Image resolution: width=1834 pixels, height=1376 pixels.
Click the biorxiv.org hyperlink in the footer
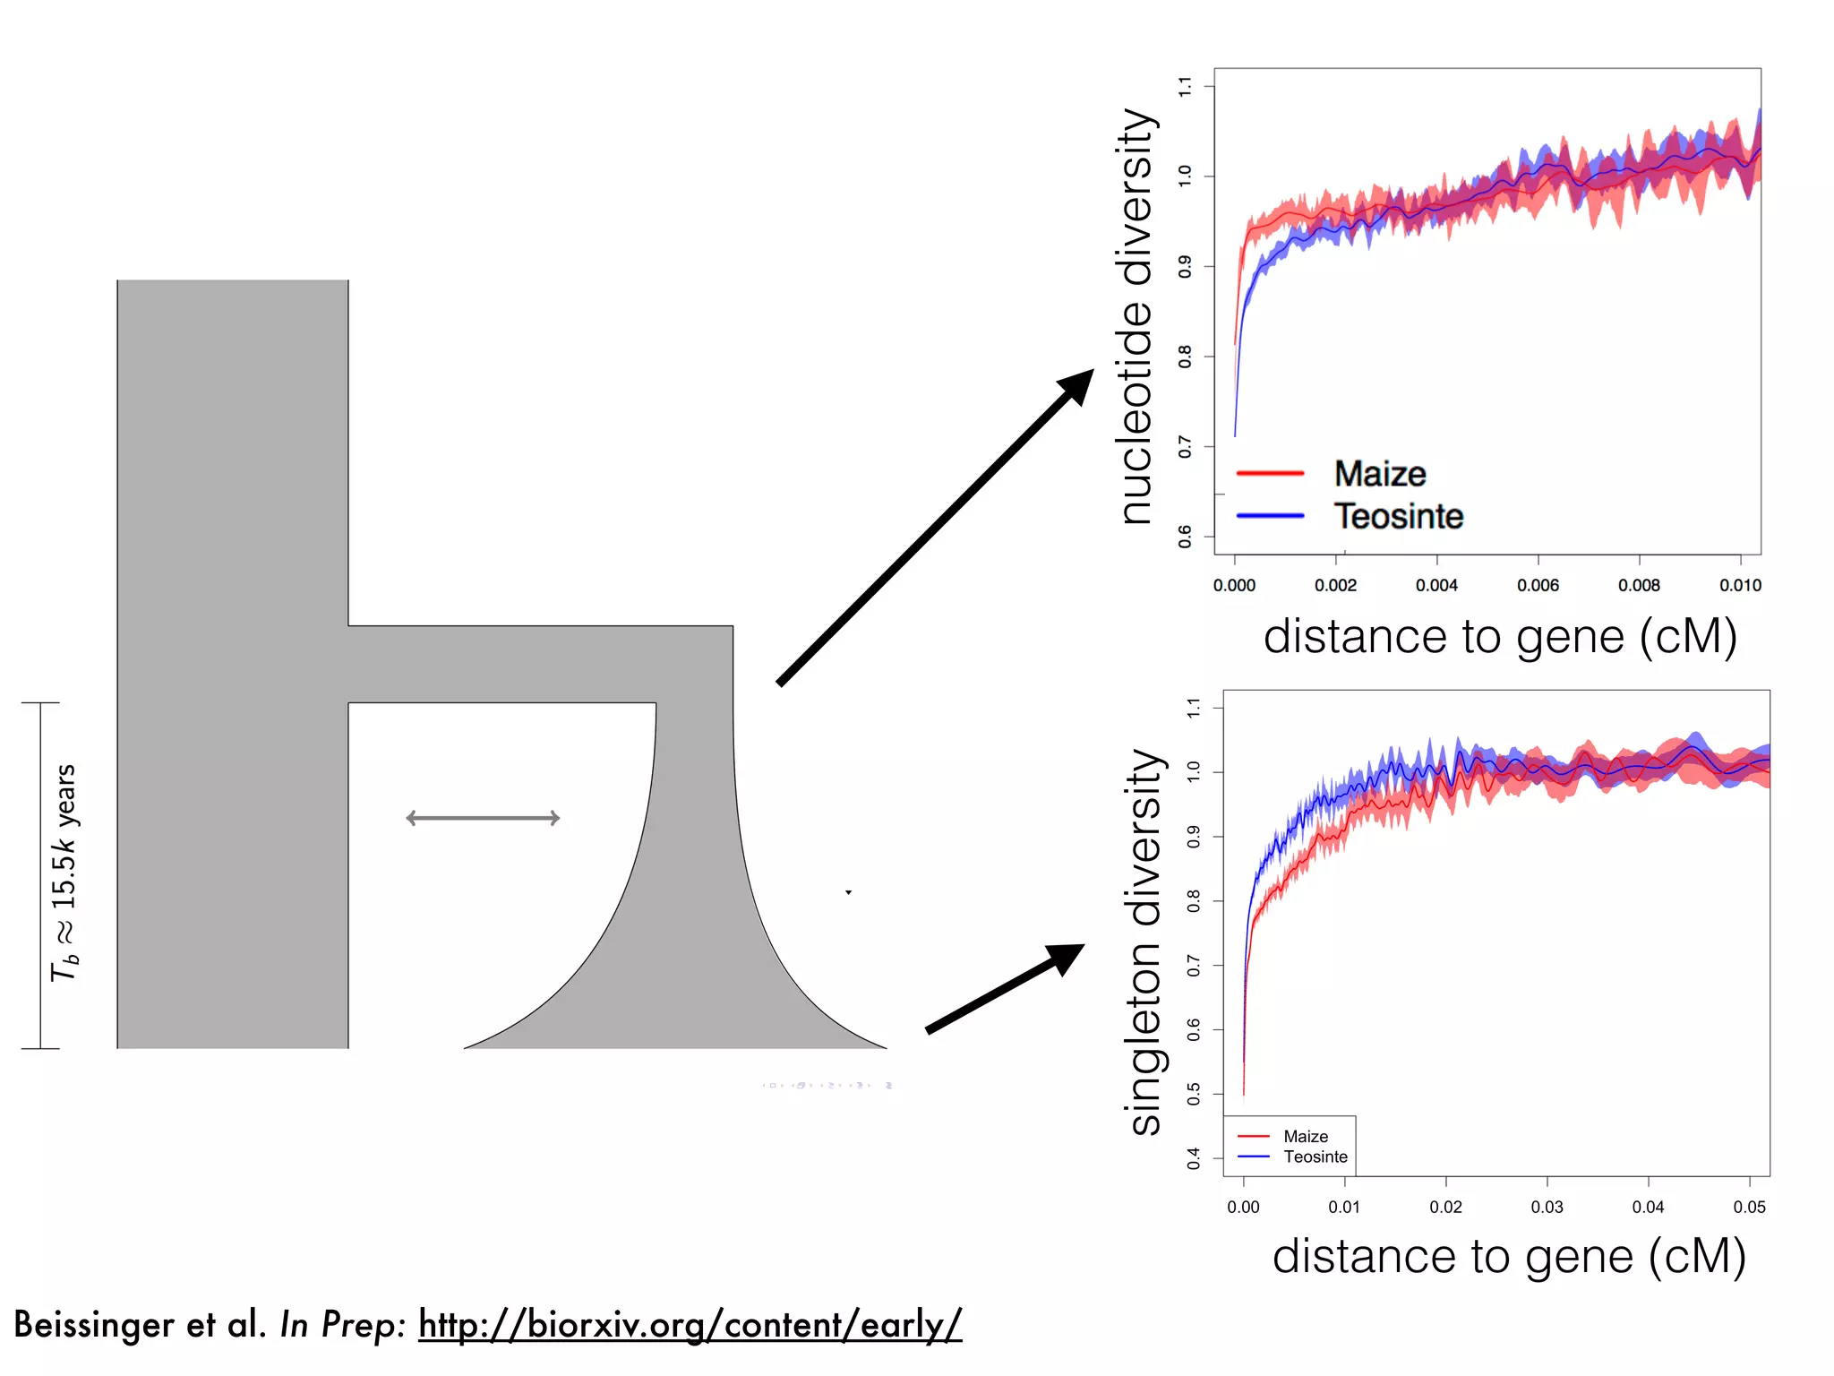pyautogui.click(x=690, y=1324)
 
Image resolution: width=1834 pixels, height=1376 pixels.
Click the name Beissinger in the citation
pyautogui.click(x=93, y=1324)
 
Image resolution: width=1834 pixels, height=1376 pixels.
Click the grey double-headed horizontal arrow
pyautogui.click(x=483, y=818)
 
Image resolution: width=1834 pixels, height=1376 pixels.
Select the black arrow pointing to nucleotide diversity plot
pyautogui.click(x=935, y=528)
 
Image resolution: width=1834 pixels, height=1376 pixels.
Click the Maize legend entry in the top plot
pyautogui.click(x=1379, y=474)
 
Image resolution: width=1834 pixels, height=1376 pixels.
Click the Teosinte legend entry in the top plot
pyautogui.click(x=1398, y=517)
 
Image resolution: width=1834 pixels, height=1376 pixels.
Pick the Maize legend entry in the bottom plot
pyautogui.click(x=1306, y=1136)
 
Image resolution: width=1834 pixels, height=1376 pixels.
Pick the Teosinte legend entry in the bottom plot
pyautogui.click(x=1315, y=1157)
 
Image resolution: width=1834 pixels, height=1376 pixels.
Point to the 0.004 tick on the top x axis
pyautogui.click(x=1436, y=585)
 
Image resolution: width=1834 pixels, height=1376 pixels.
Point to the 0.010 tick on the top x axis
pyautogui.click(x=1740, y=585)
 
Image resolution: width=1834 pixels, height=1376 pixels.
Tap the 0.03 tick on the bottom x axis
pyautogui.click(x=1547, y=1207)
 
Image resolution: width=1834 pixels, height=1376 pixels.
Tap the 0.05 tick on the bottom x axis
pyautogui.click(x=1749, y=1207)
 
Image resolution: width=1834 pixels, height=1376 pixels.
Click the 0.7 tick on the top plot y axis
pyautogui.click(x=1185, y=446)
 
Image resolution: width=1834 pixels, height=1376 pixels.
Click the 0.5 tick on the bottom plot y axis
pyautogui.click(x=1194, y=1094)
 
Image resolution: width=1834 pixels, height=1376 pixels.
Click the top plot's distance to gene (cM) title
pyautogui.click(x=1500, y=637)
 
